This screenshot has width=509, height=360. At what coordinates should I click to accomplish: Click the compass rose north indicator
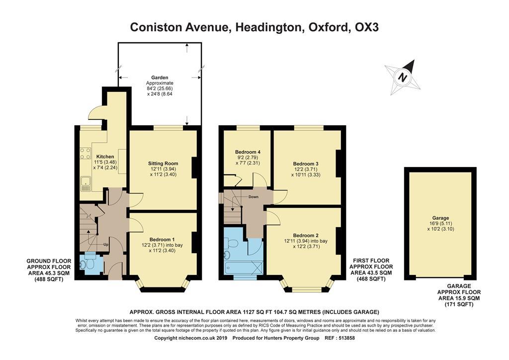(404, 78)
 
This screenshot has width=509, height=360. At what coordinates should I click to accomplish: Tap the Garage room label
(440, 218)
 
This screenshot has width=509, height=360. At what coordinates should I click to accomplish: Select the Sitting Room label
(163, 163)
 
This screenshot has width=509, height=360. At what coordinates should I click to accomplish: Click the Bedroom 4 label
(247, 152)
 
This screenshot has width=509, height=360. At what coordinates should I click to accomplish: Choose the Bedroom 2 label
(306, 235)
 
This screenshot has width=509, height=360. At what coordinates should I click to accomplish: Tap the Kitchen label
(105, 157)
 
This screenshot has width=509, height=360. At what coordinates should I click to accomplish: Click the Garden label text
(160, 78)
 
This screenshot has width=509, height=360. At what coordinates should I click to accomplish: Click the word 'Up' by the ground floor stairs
(105, 245)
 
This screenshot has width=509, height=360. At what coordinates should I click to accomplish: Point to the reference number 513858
(346, 338)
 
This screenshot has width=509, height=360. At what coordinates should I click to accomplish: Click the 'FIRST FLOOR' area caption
(371, 261)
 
